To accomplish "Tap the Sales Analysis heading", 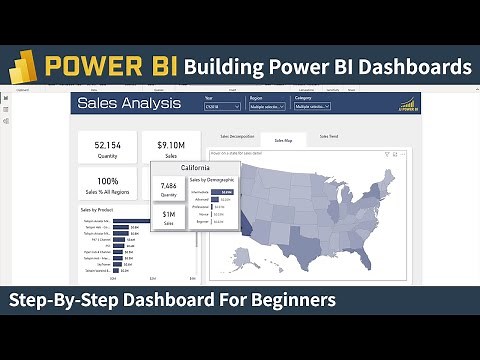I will tap(130, 103).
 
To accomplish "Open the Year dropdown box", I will tap(222, 105).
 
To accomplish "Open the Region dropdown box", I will tap(266, 105).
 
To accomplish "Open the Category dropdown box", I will tap(312, 105).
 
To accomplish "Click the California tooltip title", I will tap(195, 168).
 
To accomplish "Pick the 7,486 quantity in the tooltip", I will tap(169, 185).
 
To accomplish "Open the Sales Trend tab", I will tap(329, 136).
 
